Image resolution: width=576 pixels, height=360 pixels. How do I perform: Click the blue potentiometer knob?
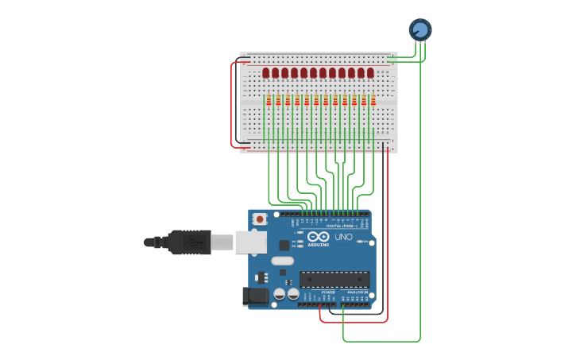(x=420, y=29)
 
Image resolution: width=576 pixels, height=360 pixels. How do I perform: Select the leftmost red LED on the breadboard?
(x=266, y=73)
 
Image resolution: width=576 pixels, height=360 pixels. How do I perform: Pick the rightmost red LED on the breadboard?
(x=370, y=73)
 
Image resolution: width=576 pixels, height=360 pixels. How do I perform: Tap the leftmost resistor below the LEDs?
(x=269, y=101)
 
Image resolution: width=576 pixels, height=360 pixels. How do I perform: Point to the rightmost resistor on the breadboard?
(x=373, y=101)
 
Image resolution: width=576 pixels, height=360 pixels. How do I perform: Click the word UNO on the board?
(x=343, y=237)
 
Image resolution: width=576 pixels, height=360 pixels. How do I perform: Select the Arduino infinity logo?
(x=319, y=237)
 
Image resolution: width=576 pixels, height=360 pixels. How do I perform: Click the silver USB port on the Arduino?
(x=250, y=242)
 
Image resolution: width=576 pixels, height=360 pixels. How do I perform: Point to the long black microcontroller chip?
(x=334, y=279)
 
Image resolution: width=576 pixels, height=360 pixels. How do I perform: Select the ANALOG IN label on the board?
(x=357, y=292)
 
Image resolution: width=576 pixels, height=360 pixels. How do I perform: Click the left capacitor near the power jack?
(x=280, y=294)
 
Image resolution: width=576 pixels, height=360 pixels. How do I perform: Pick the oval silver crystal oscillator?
(x=282, y=261)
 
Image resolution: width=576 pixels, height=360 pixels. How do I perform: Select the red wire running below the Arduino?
(x=354, y=322)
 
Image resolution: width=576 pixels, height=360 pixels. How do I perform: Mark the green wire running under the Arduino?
(x=381, y=342)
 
